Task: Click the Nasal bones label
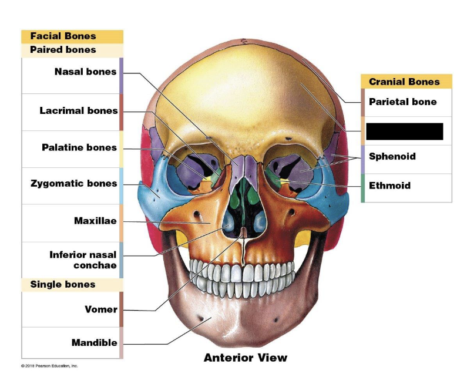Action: tap(85, 72)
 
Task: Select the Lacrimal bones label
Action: tap(78, 110)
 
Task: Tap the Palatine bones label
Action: tap(79, 147)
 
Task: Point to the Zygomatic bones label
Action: tap(73, 184)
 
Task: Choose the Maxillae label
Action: tap(95, 221)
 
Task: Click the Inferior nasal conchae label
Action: tap(83, 260)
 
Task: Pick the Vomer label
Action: tap(101, 309)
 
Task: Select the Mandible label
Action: tap(94, 342)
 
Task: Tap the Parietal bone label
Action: tap(402, 102)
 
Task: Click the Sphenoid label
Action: tap(392, 156)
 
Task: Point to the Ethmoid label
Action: tap(389, 186)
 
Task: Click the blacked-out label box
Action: tap(404, 131)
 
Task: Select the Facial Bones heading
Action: tap(63, 36)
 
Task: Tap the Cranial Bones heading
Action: tap(404, 82)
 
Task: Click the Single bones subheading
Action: tap(63, 285)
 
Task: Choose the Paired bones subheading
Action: tap(63, 50)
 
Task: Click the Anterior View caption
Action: tap(246, 358)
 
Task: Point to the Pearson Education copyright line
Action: tap(49, 366)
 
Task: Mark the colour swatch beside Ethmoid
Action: tap(363, 188)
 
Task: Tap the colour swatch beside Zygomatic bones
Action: tap(121, 186)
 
